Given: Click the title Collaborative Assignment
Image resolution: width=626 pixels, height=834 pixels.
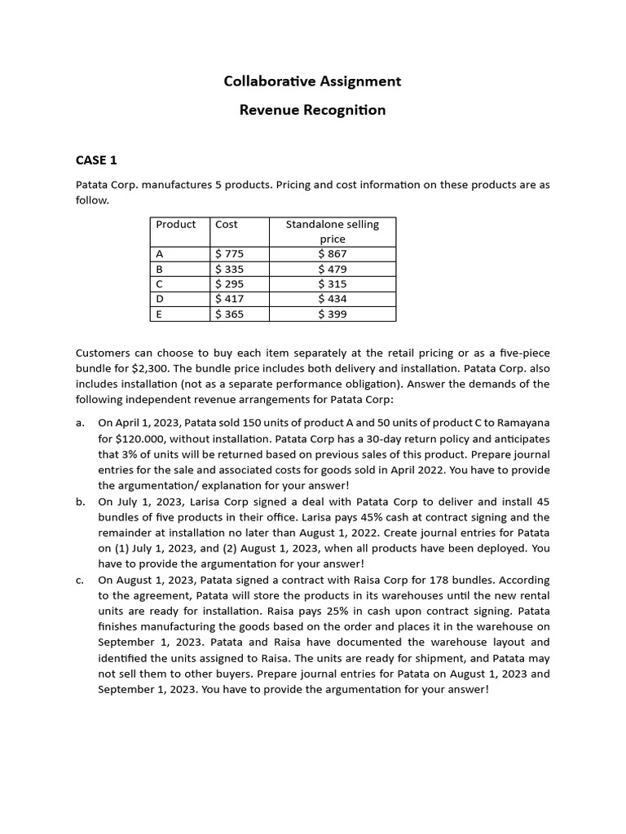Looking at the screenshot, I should (312, 81).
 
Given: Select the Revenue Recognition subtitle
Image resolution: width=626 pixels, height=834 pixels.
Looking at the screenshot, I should (312, 110).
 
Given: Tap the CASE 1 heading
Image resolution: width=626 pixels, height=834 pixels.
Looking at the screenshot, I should (96, 160).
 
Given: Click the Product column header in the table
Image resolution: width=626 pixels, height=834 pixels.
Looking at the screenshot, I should (176, 224).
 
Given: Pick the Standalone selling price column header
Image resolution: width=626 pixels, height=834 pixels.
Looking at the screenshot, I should (332, 231).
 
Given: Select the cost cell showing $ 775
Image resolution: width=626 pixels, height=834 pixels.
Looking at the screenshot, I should (229, 254).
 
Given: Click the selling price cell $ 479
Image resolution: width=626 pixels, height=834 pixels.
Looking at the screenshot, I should (332, 269).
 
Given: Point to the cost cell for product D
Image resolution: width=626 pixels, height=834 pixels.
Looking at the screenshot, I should (229, 299).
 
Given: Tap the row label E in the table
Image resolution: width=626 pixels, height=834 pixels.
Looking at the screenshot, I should (159, 314).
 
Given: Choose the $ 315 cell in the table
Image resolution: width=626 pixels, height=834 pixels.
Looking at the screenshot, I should (332, 284).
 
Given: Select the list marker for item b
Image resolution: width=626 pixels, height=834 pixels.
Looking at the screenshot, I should (80, 502).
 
